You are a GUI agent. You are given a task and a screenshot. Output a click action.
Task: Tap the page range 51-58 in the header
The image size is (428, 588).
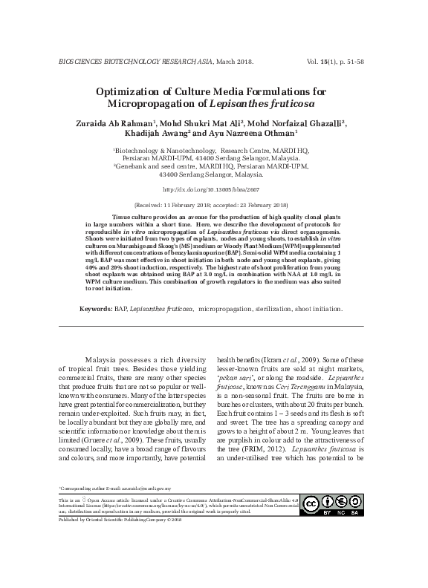[x=374, y=61]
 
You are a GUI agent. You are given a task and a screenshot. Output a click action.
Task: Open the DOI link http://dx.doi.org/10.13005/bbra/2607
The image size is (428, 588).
[x=213, y=189]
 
